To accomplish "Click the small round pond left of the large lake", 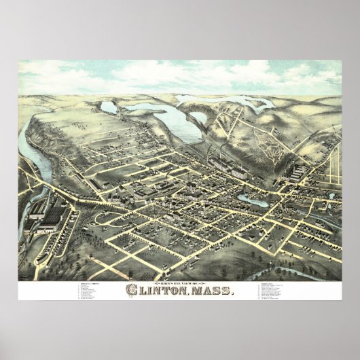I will [109, 107].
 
